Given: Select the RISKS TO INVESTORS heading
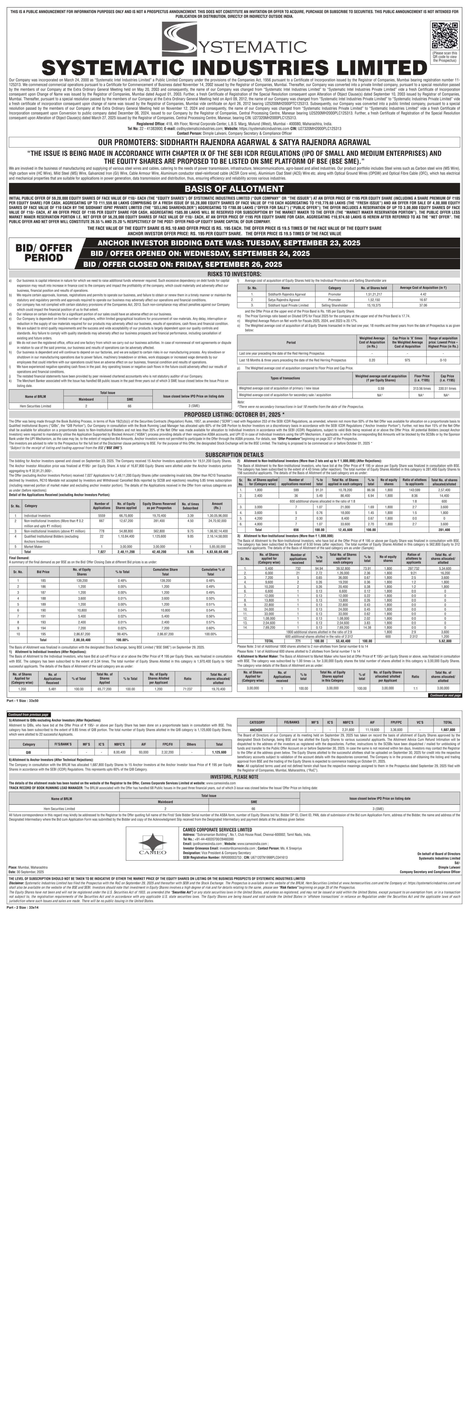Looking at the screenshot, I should click(234, 274).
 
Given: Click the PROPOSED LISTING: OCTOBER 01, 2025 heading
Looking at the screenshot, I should click(234, 415).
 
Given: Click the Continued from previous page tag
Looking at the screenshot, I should click(29, 714).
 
